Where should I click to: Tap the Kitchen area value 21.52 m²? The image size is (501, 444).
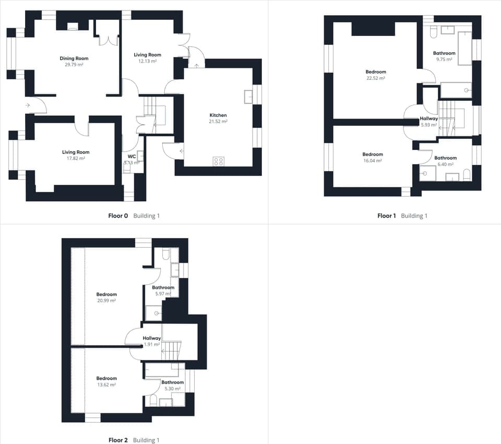pos(218,121)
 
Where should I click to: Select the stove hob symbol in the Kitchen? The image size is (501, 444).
pos(219,161)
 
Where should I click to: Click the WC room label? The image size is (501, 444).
pos(132,156)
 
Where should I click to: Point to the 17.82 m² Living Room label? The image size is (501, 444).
pos(76,152)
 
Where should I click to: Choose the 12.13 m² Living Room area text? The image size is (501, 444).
pos(147,61)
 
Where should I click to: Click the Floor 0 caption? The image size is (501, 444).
pos(118,216)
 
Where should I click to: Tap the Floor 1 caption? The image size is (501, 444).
pos(387,216)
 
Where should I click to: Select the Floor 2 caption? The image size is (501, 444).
pos(117,440)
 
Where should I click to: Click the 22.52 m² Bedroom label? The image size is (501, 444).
pos(376,72)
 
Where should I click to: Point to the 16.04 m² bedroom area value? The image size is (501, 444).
pos(373,161)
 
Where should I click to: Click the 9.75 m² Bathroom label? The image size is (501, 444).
pos(444,53)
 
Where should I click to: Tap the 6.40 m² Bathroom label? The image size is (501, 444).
pos(445,158)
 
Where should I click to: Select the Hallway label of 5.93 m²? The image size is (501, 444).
pos(428,119)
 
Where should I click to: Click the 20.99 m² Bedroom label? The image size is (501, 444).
pos(106,295)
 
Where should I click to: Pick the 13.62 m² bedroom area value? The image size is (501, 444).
pos(106,384)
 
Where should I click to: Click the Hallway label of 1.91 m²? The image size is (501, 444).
pos(152,338)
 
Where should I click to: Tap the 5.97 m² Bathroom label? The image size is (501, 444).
pos(163,288)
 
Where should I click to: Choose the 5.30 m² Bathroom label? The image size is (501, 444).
pos(172,382)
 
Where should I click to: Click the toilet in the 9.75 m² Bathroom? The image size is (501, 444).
pos(432,34)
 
